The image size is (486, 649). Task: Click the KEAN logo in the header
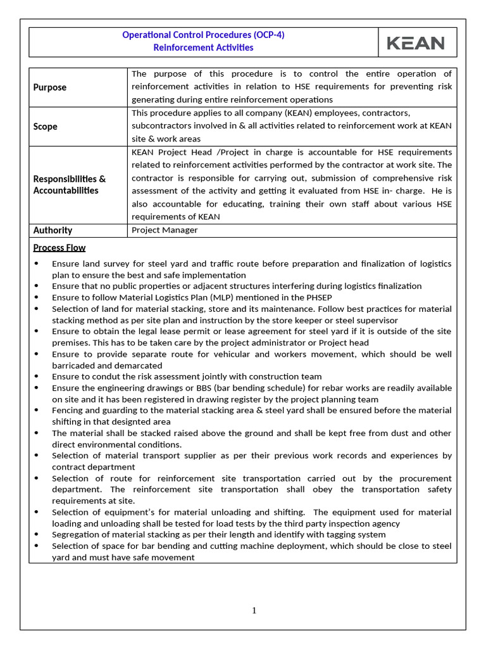tap(416, 43)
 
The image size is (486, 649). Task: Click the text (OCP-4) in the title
tap(261, 35)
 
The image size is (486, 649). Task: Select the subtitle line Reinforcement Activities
tap(203, 48)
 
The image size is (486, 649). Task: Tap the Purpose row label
tap(50, 87)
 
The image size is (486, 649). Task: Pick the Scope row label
tap(46, 127)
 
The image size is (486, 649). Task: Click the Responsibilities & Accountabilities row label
tap(70, 184)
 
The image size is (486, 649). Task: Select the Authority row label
tap(53, 230)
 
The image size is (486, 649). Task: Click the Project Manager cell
tap(165, 230)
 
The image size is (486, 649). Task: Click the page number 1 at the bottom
tap(254, 610)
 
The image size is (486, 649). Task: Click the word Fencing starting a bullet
tap(68, 410)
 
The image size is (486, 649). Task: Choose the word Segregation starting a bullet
tap(76, 534)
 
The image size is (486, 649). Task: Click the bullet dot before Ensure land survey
tap(36, 264)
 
